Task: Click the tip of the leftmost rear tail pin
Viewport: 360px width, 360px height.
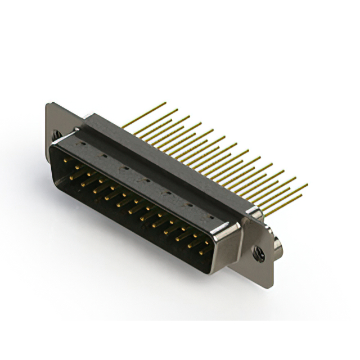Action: point(165,103)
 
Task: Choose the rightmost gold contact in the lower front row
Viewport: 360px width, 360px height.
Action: point(200,251)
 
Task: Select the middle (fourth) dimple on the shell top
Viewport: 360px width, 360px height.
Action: point(146,180)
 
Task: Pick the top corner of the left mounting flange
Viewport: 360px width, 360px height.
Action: point(49,103)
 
